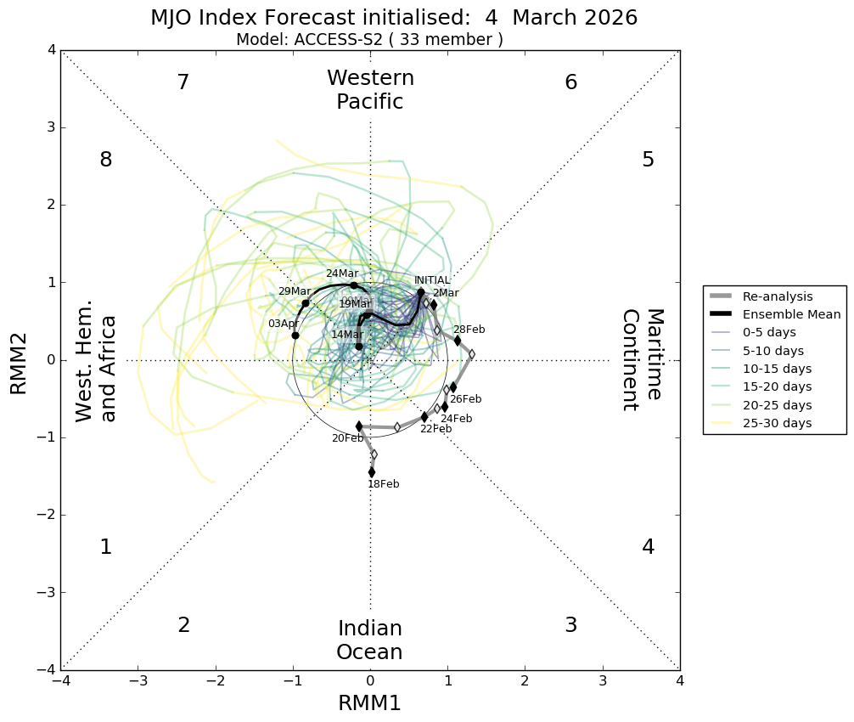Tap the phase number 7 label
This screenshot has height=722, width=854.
click(x=183, y=82)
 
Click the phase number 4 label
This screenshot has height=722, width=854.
click(x=648, y=547)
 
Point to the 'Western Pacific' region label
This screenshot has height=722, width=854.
click(x=370, y=90)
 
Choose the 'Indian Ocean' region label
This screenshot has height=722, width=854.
click(x=369, y=640)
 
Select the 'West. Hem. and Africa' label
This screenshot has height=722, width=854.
click(x=96, y=368)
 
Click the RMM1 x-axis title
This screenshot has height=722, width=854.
click(x=369, y=702)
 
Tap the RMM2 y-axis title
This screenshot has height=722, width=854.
click(x=19, y=360)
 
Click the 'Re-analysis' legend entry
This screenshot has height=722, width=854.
click(x=778, y=296)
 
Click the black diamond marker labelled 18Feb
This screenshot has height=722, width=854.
click(x=372, y=472)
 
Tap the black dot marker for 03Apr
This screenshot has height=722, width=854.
click(x=295, y=336)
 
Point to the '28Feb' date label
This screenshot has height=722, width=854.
click(x=469, y=330)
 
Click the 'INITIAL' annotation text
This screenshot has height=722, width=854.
click(x=432, y=280)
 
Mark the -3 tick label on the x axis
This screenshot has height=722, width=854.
click(x=138, y=681)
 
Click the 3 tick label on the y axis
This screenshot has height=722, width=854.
click(x=51, y=128)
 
